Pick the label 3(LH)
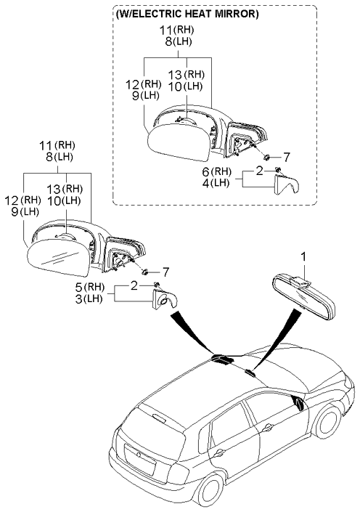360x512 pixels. point(94,298)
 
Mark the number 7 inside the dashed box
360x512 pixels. point(286,156)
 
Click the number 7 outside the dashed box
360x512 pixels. point(165,272)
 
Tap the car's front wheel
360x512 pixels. point(330,423)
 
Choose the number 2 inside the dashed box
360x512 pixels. point(258,172)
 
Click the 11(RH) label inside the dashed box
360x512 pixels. point(177,31)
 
